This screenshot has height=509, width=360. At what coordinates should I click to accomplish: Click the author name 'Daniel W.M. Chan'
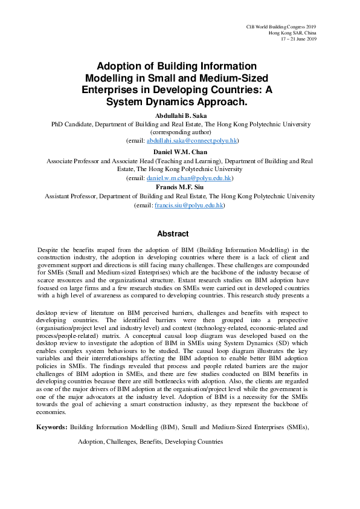pyautogui.click(x=180, y=152)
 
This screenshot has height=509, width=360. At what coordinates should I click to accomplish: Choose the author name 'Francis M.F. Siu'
pyautogui.click(x=180, y=188)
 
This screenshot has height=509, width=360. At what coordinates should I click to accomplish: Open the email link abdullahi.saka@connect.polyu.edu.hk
pyautogui.click(x=192, y=140)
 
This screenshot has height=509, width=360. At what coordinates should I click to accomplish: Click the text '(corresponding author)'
pyautogui.click(x=180, y=132)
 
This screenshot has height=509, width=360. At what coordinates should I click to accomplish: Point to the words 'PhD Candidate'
pyautogui.click(x=70, y=123)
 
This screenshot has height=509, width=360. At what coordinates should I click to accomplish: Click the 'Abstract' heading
pyautogui.click(x=173, y=234)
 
